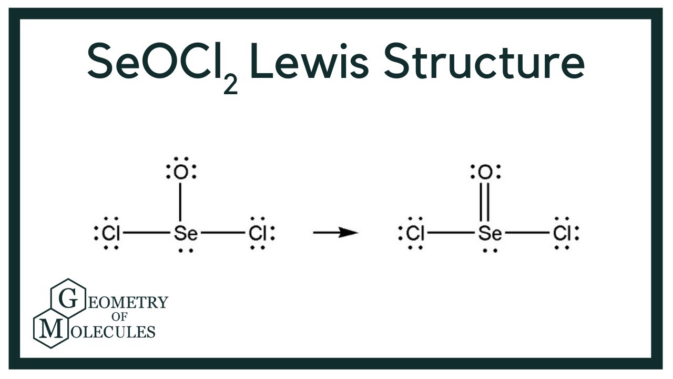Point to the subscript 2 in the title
point(230,84)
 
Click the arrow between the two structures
point(335,232)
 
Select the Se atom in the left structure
point(185,233)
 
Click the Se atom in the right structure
point(490,233)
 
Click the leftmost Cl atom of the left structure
point(110,233)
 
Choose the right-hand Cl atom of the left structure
point(258,233)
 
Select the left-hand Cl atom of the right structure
point(415,233)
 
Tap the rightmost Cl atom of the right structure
point(563,233)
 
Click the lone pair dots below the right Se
point(490,250)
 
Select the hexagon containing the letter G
point(67,299)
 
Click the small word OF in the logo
point(127,317)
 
